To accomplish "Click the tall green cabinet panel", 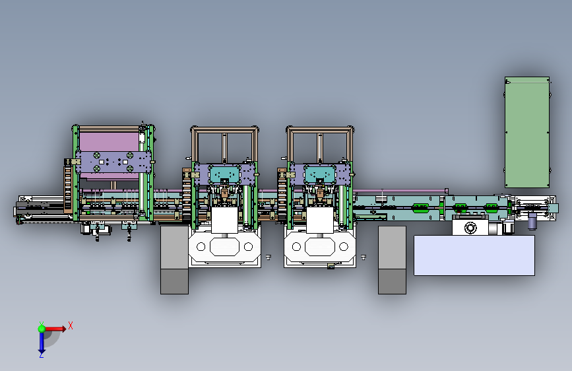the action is pyautogui.click(x=526, y=132).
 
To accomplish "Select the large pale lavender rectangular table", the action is pyautogui.click(x=474, y=255).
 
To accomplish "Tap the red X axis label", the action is pyautogui.click(x=71, y=325).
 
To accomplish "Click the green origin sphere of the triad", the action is pyautogui.click(x=42, y=329).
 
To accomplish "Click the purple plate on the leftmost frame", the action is pyautogui.click(x=113, y=162).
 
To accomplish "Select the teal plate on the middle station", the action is pyautogui.click(x=224, y=174).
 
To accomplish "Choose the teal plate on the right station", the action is pyautogui.click(x=319, y=174).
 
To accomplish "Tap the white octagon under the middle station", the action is pyautogui.click(x=224, y=247).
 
